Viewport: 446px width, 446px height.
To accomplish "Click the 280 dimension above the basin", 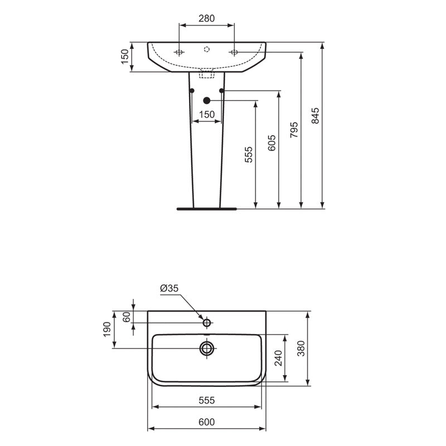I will [206, 18].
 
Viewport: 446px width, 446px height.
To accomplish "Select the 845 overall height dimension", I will [315, 115].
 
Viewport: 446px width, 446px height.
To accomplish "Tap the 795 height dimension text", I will [294, 129].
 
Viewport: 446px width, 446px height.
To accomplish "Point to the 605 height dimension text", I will [272, 143].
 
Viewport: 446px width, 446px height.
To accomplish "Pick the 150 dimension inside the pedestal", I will [206, 114].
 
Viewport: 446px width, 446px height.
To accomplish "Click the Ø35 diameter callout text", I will [168, 288].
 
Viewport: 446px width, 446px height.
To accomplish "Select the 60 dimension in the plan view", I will [127, 317].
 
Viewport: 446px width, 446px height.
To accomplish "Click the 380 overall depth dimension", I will [300, 348].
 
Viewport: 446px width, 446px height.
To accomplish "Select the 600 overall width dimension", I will [206, 423].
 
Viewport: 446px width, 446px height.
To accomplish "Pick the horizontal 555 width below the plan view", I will [206, 400].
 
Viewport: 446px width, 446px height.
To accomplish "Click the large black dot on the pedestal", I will [206, 100].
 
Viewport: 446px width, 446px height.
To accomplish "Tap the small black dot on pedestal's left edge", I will [191, 90].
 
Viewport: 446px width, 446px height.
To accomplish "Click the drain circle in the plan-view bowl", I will [207, 348].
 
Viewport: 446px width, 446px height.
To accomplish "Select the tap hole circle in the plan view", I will [206, 322].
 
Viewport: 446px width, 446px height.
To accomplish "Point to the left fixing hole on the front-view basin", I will [179, 52].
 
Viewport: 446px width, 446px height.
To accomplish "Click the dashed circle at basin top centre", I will [206, 50].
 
